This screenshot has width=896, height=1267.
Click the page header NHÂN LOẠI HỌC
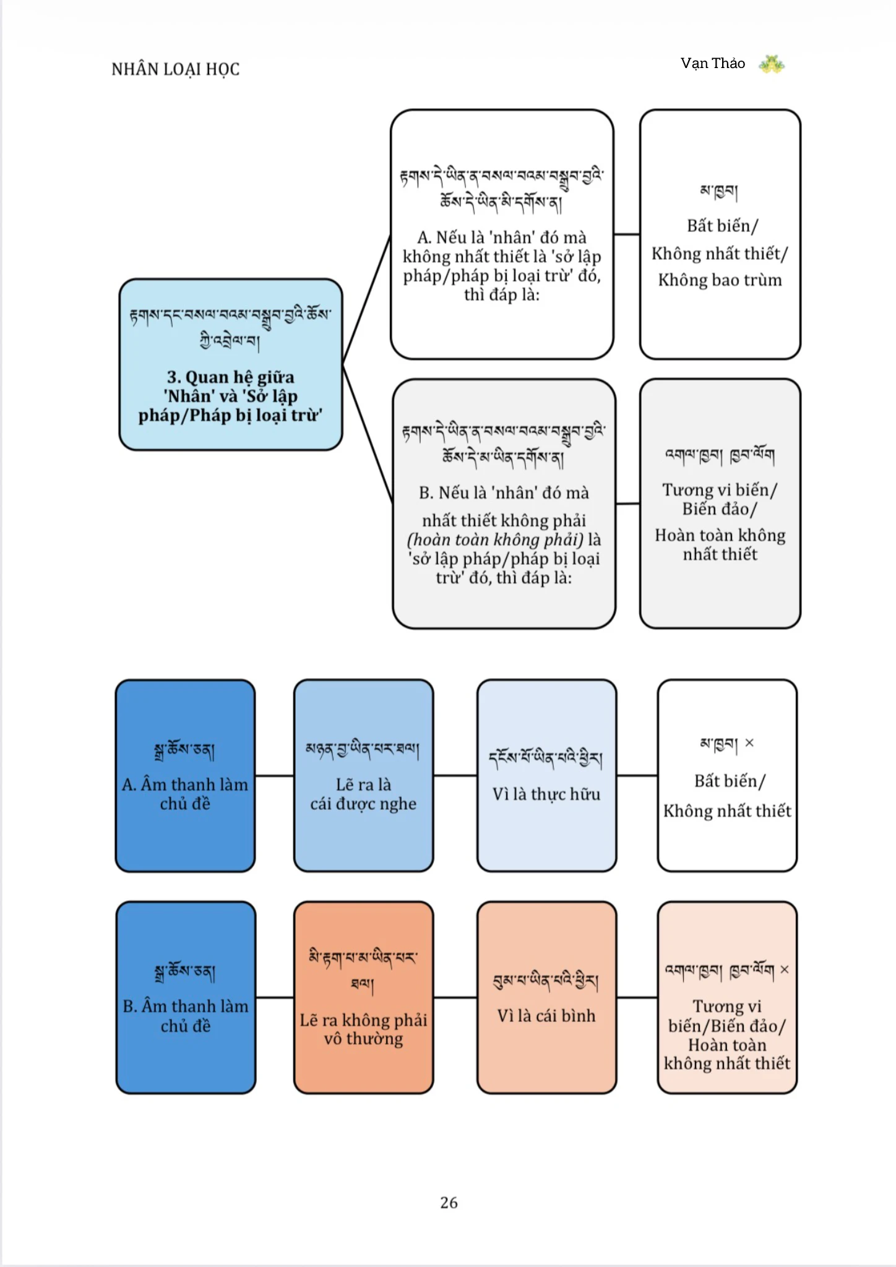click(175, 69)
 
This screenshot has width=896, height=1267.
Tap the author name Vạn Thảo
click(713, 63)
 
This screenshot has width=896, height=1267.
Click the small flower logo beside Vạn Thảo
click(771, 64)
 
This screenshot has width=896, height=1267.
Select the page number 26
click(449, 1202)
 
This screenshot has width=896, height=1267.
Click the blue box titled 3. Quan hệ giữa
click(231, 364)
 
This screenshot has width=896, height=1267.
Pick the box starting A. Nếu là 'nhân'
click(502, 234)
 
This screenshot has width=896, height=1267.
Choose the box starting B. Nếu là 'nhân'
click(504, 504)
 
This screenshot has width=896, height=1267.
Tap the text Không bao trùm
click(720, 280)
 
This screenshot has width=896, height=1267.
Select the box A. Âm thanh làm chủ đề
click(185, 776)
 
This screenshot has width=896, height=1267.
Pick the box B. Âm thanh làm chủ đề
click(186, 997)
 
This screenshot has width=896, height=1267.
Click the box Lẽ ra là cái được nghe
click(363, 776)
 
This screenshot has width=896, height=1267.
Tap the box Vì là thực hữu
click(546, 776)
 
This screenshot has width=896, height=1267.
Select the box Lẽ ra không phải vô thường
click(363, 997)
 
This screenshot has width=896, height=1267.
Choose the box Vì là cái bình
click(546, 997)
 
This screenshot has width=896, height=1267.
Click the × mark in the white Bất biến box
click(749, 743)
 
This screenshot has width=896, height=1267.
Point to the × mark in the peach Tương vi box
click(784, 969)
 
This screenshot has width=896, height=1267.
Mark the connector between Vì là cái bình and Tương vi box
click(637, 997)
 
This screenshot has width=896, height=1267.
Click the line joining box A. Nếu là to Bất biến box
click(627, 234)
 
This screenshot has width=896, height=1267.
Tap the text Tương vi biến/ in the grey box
click(720, 490)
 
